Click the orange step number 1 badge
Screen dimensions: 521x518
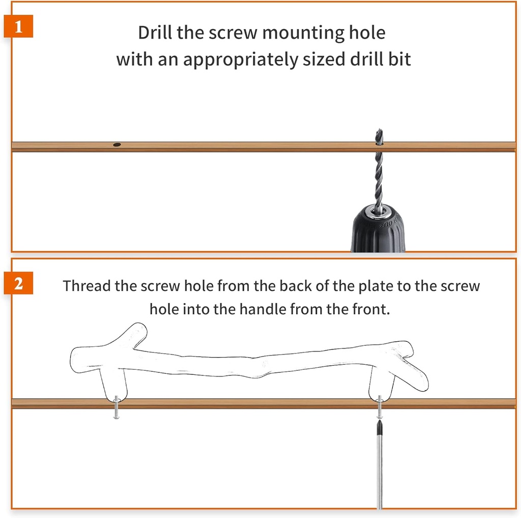(18, 26)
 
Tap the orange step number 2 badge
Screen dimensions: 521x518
(18, 283)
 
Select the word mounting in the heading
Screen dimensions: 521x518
(302, 33)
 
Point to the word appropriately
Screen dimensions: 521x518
(241, 60)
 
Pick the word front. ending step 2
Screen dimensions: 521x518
(371, 309)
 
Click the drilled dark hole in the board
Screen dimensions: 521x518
(117, 145)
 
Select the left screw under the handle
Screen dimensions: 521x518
(116, 407)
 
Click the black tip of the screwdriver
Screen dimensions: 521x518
(379, 427)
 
